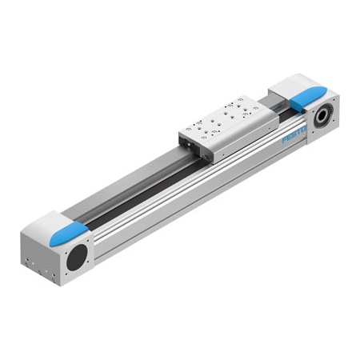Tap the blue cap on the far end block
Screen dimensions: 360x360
tap(302, 100)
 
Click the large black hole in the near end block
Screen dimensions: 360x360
tap(78, 258)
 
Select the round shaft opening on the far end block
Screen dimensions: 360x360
tap(324, 114)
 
